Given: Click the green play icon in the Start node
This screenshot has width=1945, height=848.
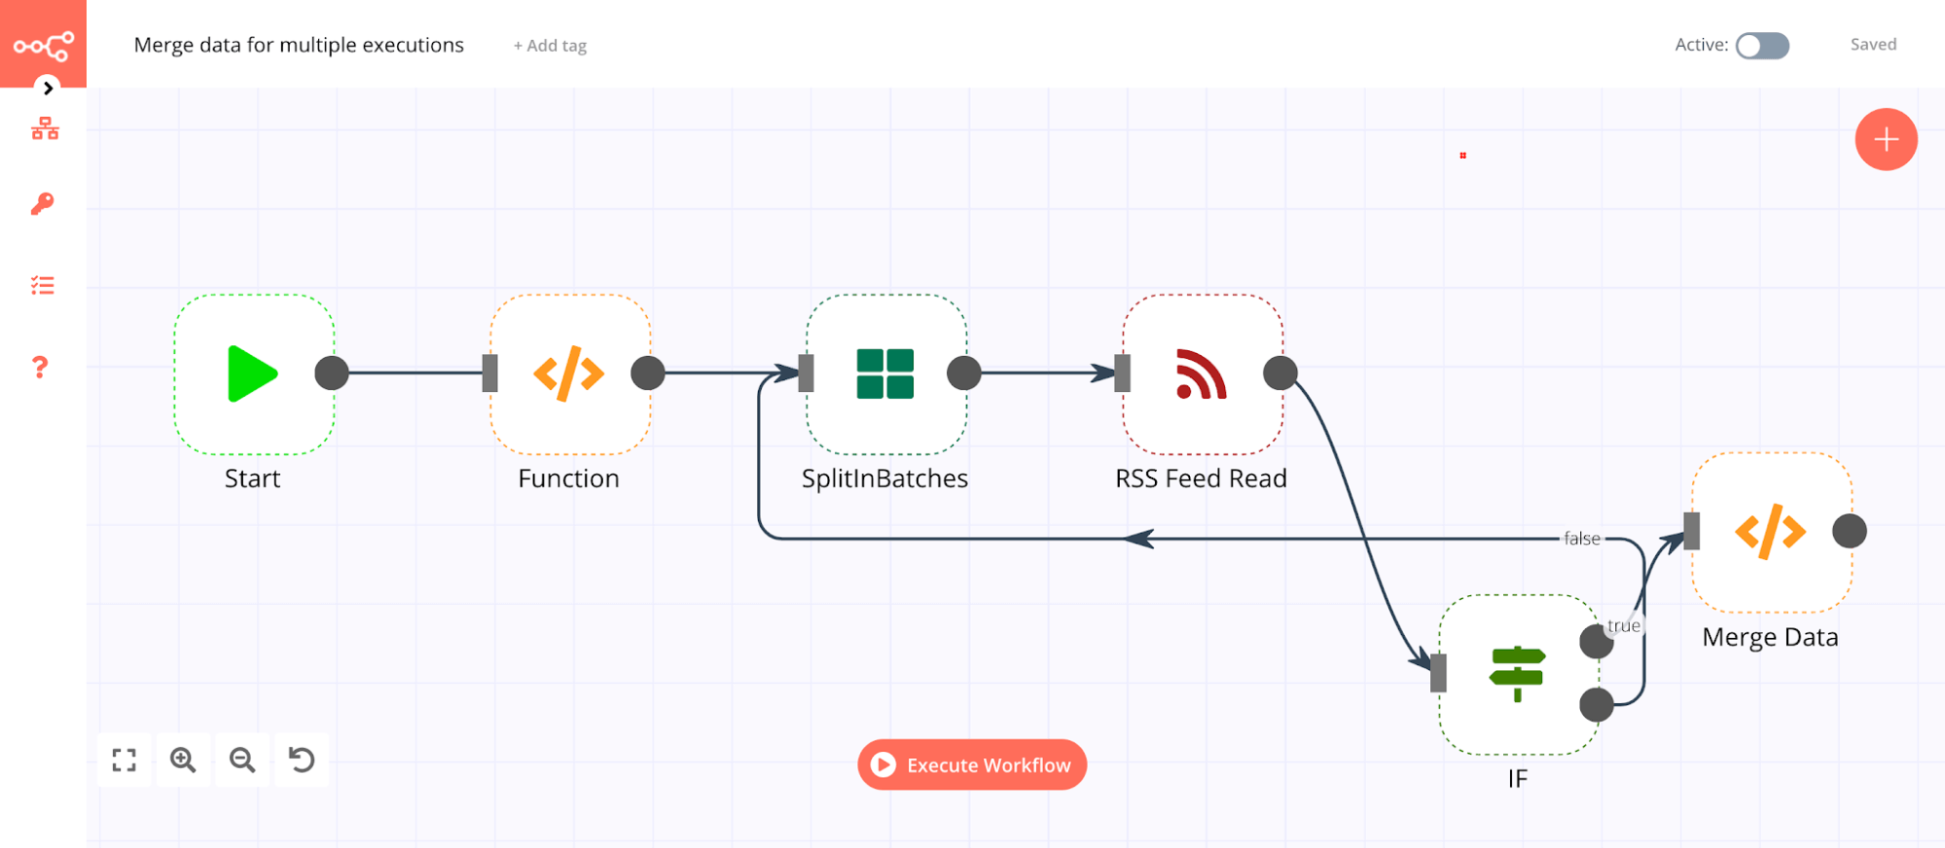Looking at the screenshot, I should coord(252,373).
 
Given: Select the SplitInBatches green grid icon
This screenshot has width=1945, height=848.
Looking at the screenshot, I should coord(884,373).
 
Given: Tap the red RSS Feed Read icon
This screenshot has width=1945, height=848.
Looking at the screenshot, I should coord(1201,373).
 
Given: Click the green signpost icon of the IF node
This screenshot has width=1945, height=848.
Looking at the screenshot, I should coord(1517,673).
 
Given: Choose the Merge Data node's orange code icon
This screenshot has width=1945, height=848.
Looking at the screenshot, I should coord(1770,531).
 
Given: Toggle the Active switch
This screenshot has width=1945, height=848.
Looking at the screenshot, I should coord(1762,46).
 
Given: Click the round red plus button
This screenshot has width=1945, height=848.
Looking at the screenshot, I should coord(1886,139).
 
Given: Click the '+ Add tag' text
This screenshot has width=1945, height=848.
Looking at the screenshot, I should coord(550,46).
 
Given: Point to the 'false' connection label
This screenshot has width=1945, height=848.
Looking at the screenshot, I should coord(1581,539).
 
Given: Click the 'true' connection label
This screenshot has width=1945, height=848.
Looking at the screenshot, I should coord(1623,625).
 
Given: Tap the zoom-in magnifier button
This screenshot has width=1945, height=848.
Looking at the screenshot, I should coord(183,760).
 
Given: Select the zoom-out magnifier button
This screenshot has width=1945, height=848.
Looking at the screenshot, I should coord(242,760).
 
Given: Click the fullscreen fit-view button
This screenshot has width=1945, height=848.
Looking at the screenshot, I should coord(124,760).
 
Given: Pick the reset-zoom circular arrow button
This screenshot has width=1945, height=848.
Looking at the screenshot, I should coord(302,760).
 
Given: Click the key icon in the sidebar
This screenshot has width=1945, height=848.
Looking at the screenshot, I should coord(42,203).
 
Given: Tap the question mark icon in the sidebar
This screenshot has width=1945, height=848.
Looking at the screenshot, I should coord(40,367).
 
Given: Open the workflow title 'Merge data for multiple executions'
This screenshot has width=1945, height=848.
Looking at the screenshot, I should coord(299,46).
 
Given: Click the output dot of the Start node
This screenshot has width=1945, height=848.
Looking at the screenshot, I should coord(332,373).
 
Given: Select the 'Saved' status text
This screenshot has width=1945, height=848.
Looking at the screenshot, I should coord(1873,45).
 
